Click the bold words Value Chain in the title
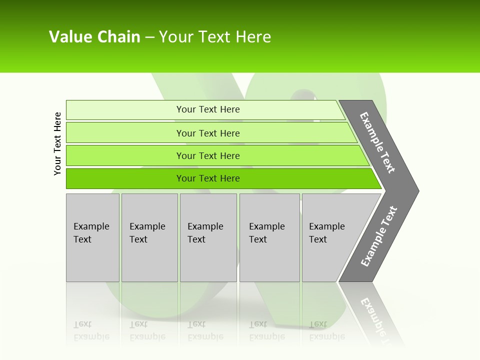point(94,37)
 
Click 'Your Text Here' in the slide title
point(215,37)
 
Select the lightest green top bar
point(125,110)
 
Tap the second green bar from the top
point(125,133)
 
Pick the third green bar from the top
point(125,156)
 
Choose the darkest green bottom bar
point(125,178)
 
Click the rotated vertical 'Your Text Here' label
point(57,144)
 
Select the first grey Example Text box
point(92,237)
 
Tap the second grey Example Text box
point(149,237)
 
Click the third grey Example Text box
point(208,237)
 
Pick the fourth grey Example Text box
point(269,237)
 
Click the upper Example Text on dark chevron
point(377,142)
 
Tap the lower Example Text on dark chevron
point(379,236)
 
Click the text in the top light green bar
point(208,109)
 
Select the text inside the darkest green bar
point(208,178)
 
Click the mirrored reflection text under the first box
point(91,330)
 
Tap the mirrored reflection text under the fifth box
point(327,330)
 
